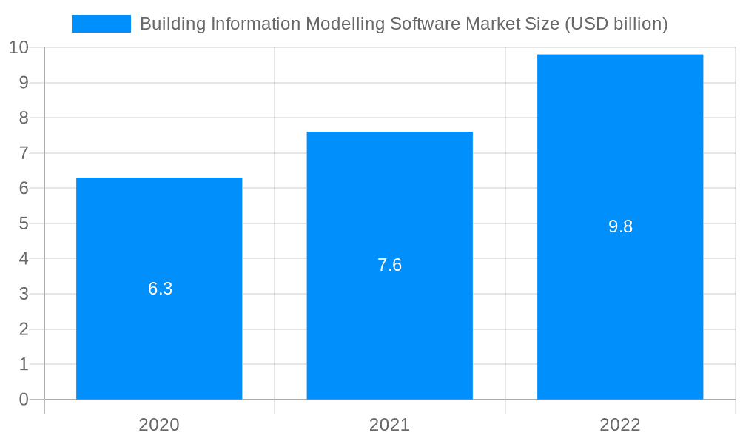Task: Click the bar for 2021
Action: click(389, 333)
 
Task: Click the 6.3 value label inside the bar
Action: click(160, 289)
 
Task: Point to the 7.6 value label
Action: click(389, 265)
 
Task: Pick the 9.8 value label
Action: click(620, 226)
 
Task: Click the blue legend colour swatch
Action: click(101, 24)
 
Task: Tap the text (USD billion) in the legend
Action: click(616, 24)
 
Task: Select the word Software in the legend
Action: click(427, 24)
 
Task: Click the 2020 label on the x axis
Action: click(159, 425)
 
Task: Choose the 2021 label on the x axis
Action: click(389, 425)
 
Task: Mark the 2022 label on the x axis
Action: click(620, 425)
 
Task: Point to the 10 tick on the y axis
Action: click(19, 48)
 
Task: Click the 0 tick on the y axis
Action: click(24, 400)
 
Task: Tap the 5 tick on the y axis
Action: click(24, 223)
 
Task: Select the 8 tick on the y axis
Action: click(24, 118)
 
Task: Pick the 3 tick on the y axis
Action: click(24, 294)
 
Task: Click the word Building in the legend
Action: click(172, 24)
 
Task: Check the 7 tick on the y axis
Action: click(24, 153)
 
